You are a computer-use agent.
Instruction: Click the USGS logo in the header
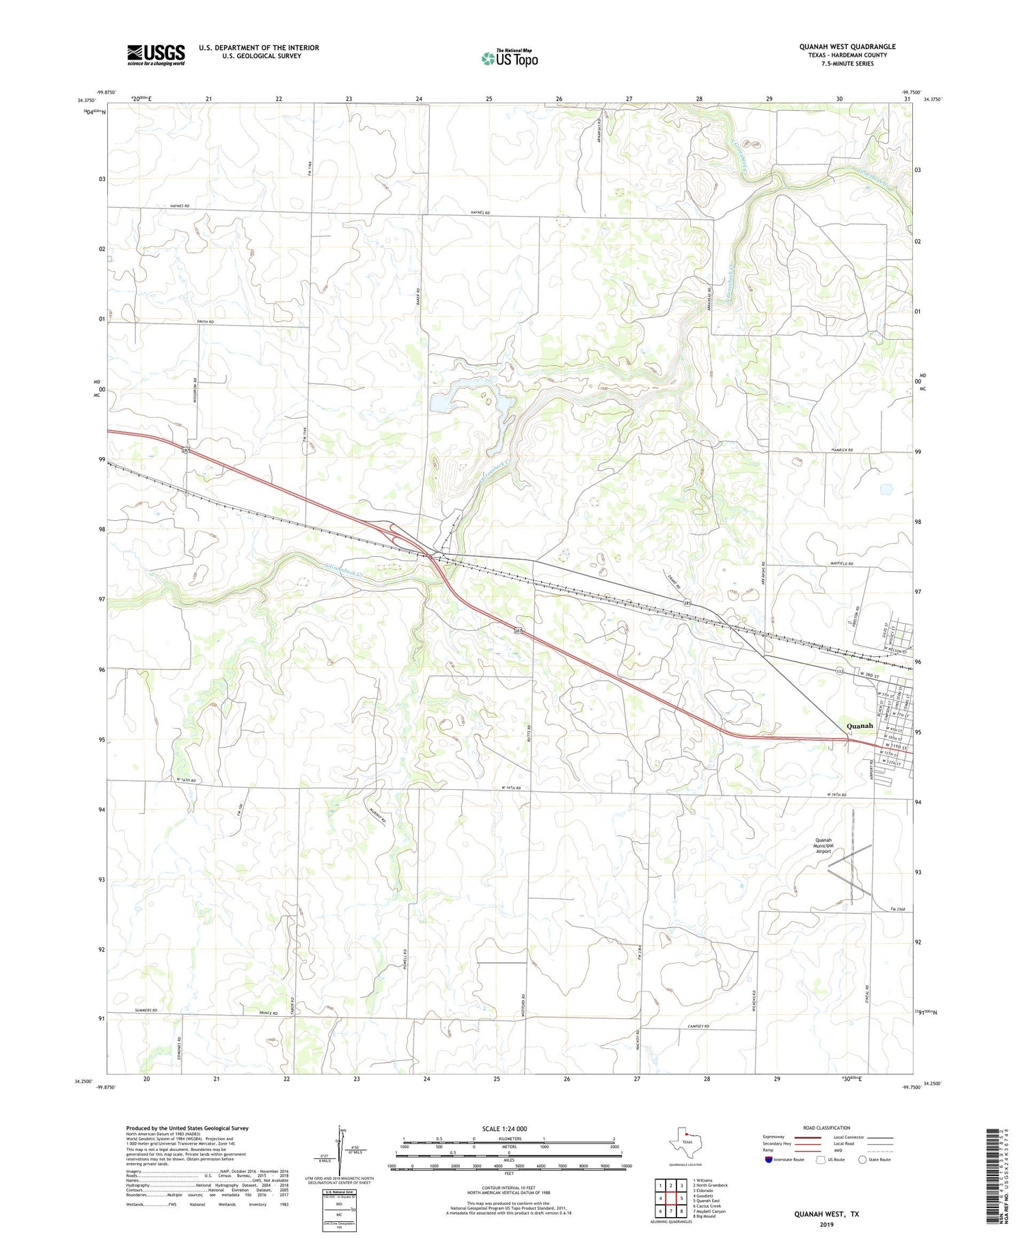tap(156, 55)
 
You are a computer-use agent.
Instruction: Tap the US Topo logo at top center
tap(509, 58)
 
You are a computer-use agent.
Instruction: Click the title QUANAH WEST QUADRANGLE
tap(847, 46)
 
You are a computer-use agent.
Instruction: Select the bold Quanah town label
tap(860, 725)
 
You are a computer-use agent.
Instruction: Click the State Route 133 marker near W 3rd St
tap(840, 672)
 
